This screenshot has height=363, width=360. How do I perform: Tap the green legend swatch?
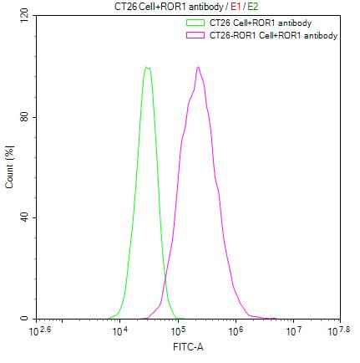coord(195,23)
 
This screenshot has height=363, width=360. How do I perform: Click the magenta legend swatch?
coord(195,35)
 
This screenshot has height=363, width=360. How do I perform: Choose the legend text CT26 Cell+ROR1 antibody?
coord(253,23)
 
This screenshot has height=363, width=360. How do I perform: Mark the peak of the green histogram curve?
coord(147,67)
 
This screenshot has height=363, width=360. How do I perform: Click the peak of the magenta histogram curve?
coord(198,67)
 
